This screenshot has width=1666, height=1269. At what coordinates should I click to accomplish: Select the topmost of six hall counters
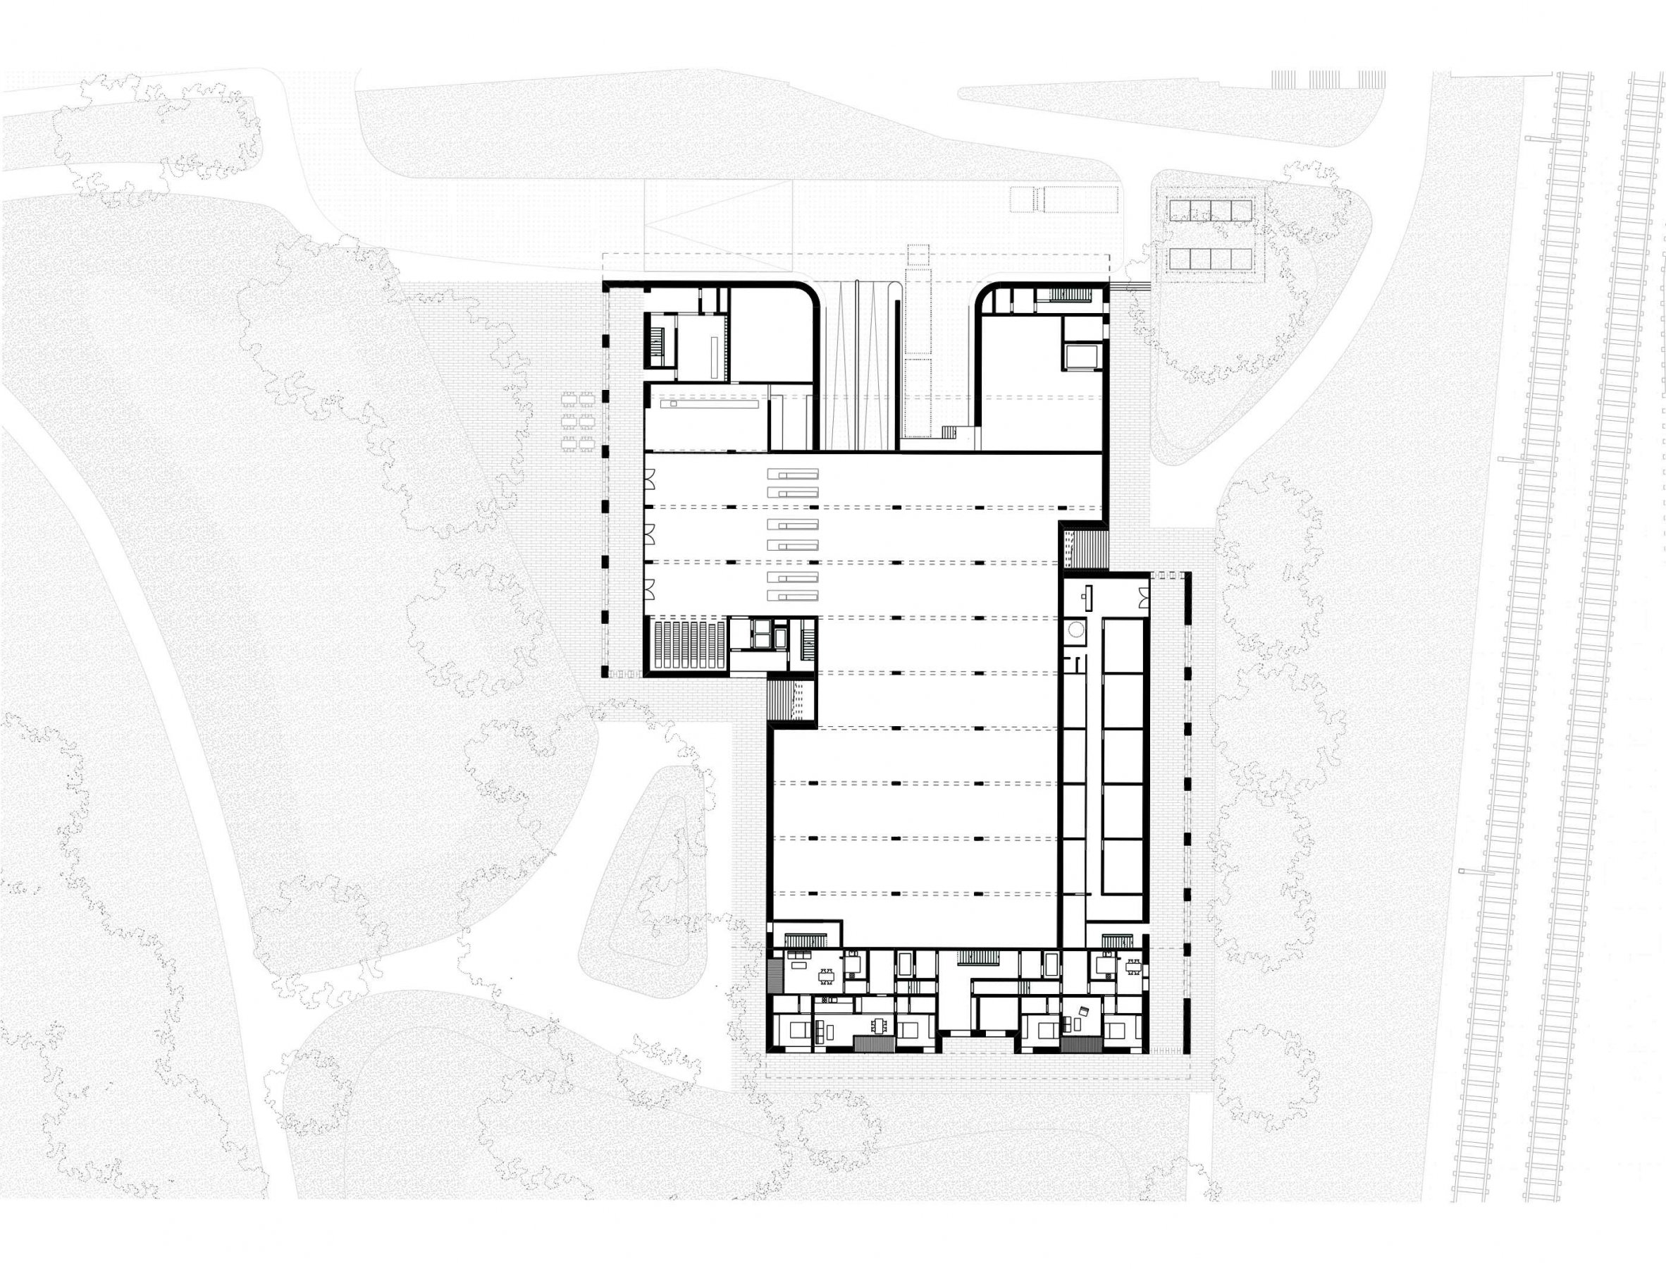point(793,474)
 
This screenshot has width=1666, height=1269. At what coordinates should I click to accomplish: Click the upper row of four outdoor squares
point(1209,210)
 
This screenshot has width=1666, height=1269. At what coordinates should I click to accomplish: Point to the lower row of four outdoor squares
point(1209,259)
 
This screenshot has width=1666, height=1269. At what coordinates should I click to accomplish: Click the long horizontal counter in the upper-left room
point(709,404)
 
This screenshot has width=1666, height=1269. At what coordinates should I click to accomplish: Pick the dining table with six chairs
point(880,1026)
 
